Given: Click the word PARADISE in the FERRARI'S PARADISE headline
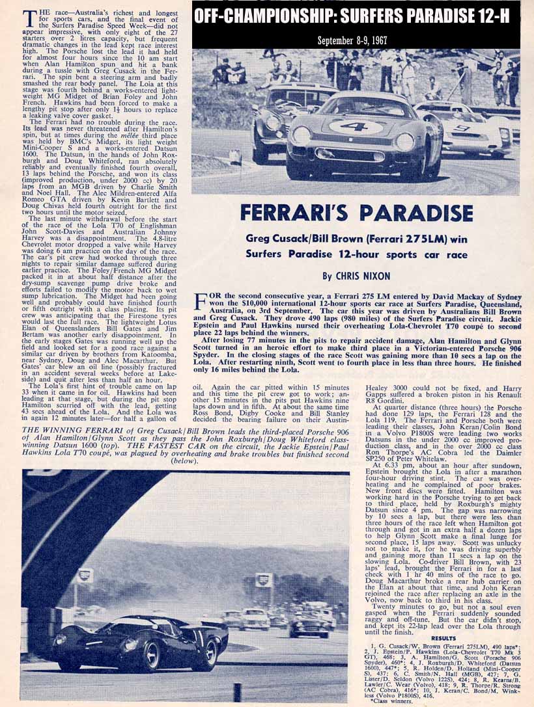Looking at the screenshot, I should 410,213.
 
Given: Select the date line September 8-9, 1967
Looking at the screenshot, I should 352,40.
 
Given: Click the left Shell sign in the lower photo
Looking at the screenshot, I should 84,575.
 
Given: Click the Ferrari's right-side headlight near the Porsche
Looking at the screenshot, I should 404,141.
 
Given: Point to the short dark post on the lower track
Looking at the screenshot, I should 238,691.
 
